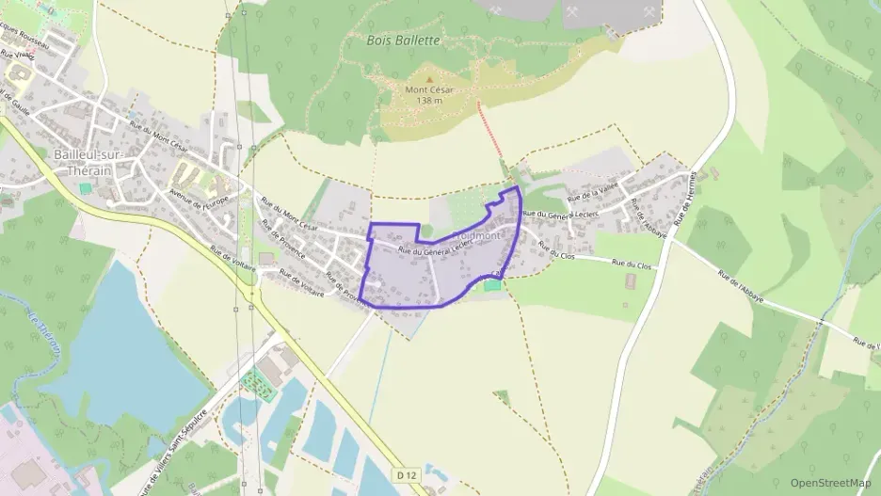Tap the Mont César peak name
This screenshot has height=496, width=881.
(x=429, y=90)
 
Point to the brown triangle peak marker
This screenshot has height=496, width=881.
(x=429, y=80)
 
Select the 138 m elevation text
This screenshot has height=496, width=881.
(x=429, y=102)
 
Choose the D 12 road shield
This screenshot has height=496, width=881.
(x=408, y=476)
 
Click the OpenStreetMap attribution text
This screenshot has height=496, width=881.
(x=830, y=483)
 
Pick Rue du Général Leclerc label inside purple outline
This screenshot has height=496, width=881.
(x=434, y=246)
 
